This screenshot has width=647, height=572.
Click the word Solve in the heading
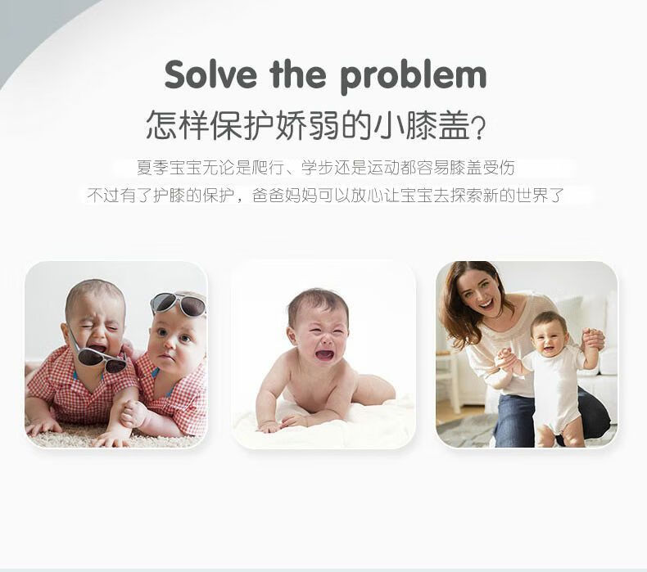click(x=210, y=74)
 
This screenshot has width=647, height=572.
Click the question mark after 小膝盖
click(x=478, y=127)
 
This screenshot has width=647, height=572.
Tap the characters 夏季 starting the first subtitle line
click(x=152, y=168)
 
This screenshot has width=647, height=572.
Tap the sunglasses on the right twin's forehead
click(x=179, y=304)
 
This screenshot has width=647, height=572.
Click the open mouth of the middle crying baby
click(x=324, y=354)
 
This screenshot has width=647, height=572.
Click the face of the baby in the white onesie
click(x=549, y=336)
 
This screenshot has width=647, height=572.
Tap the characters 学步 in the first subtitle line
click(x=317, y=168)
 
